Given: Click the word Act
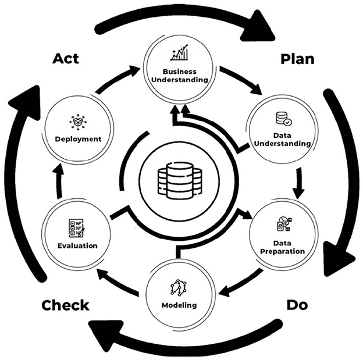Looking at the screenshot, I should click(x=66, y=59).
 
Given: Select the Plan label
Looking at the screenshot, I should click(x=297, y=59).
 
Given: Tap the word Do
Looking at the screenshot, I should click(x=298, y=305).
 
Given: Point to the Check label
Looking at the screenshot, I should click(x=65, y=305).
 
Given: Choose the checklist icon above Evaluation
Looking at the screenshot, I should click(x=76, y=229).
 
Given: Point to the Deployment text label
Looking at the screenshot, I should click(x=79, y=139).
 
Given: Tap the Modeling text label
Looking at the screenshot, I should click(x=179, y=305).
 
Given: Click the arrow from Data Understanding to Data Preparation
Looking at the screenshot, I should click(x=298, y=183).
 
